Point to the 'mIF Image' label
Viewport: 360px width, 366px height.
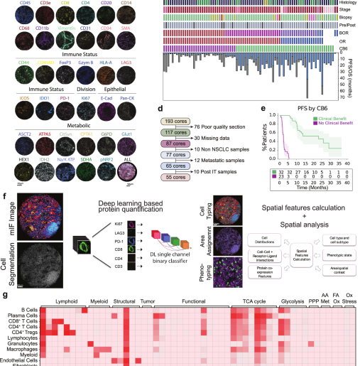click(6, 235)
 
